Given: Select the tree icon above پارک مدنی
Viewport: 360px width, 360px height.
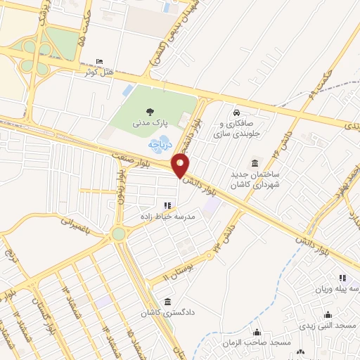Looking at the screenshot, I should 149,110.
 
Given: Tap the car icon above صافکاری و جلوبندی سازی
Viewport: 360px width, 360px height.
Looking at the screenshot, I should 237,112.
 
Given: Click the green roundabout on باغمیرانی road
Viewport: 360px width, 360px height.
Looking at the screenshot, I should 118,233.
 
